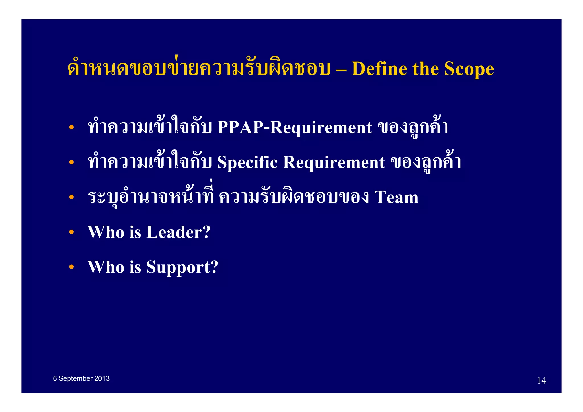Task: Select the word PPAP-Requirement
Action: click(x=294, y=127)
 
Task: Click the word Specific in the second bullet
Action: click(x=247, y=162)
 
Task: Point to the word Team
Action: click(x=397, y=197)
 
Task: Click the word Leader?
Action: click(x=178, y=232)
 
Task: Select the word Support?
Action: click(x=182, y=267)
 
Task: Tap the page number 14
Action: click(x=541, y=380)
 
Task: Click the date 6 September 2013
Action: click(x=81, y=378)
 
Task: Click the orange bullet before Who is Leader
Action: click(x=71, y=232)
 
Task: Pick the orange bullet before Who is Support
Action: click(x=71, y=267)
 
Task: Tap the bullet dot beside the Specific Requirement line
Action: click(x=71, y=162)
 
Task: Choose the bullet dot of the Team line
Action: click(x=71, y=197)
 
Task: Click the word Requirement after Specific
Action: click(x=334, y=162)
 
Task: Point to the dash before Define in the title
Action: click(x=341, y=69)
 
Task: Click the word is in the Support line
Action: click(x=135, y=267)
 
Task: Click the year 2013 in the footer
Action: click(x=102, y=378)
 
